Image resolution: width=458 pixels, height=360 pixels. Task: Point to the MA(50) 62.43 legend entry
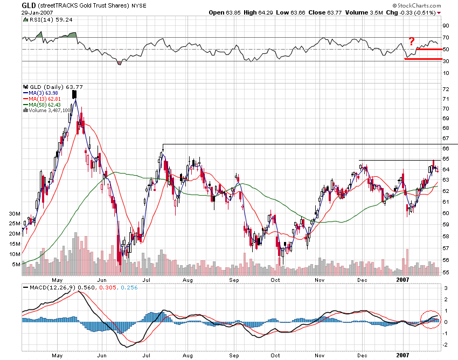(x=47, y=105)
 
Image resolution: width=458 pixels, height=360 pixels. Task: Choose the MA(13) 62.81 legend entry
(x=47, y=99)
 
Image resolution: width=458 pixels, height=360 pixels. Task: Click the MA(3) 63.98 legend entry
(x=45, y=93)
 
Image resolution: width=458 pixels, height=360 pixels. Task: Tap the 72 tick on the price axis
(x=446, y=88)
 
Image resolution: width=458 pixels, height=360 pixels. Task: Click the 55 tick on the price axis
(x=446, y=273)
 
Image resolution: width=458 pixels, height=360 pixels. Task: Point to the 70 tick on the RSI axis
(x=446, y=37)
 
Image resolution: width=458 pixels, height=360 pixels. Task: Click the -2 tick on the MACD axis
(x=446, y=344)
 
